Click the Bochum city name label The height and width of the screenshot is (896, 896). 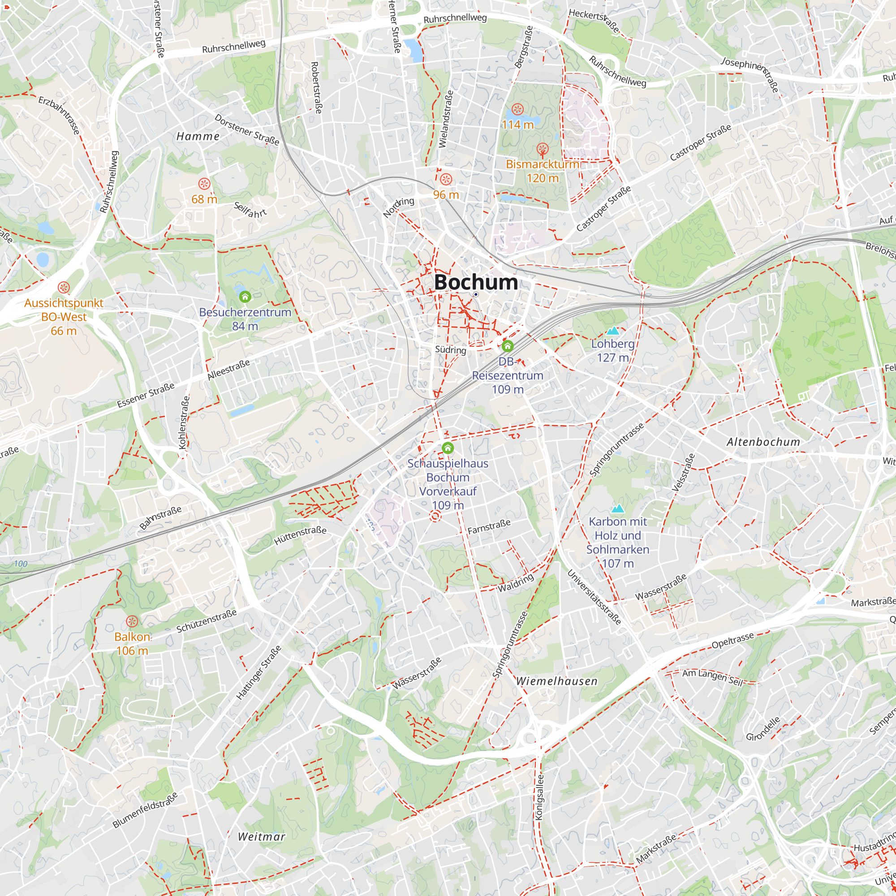coord(476,282)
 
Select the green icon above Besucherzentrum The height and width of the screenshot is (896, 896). coord(245,296)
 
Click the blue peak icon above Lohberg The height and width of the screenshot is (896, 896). coord(612,331)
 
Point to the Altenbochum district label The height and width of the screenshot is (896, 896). coord(763,442)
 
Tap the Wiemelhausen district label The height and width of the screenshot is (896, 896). coord(556,681)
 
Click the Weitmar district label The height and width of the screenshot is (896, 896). coord(261,836)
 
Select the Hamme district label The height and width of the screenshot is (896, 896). coord(198,136)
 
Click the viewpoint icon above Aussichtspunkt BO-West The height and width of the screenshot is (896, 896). coord(64,287)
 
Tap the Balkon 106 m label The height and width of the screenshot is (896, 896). coord(132,644)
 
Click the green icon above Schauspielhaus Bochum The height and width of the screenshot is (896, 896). coord(448,448)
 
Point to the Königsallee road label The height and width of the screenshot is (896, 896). coord(539,797)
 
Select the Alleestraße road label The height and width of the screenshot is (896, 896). coord(228,370)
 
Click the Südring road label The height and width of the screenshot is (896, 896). coord(450,350)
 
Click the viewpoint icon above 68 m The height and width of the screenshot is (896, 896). coord(204,184)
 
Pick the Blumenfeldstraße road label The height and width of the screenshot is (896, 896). coord(145,810)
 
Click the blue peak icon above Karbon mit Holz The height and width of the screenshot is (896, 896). coord(617,509)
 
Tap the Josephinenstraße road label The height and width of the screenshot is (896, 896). coord(750,74)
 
